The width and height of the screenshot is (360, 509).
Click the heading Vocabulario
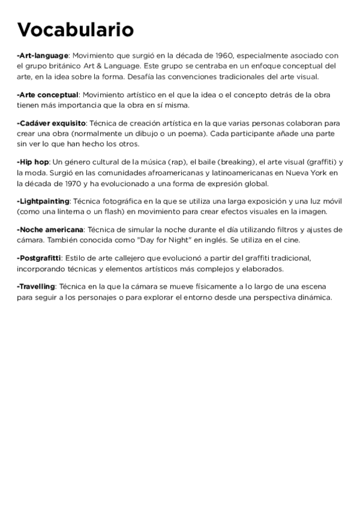coord(75,30)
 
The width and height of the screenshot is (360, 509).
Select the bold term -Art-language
coord(43,55)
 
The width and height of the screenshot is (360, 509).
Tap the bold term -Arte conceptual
coord(48,95)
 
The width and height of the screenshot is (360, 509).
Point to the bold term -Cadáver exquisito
coord(52,122)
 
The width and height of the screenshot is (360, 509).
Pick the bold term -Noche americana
coord(50,229)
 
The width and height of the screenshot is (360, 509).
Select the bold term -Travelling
coord(36,286)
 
